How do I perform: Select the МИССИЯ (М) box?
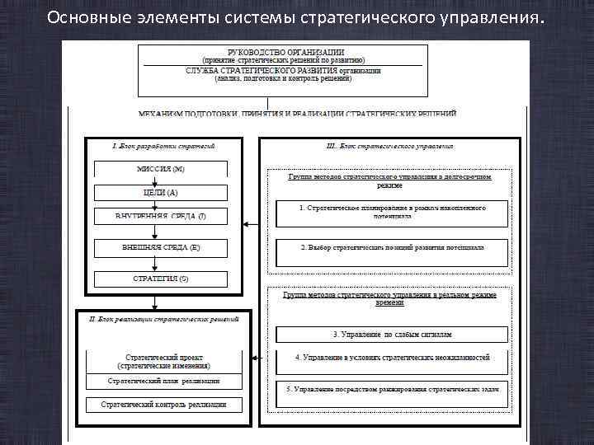point(161,169)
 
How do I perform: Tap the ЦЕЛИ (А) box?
point(161,192)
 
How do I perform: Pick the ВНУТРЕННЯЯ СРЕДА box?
point(161,216)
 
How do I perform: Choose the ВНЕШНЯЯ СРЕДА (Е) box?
point(161,247)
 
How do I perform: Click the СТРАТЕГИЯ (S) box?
point(161,279)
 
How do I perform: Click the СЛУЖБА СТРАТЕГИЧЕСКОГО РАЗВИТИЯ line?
point(284,71)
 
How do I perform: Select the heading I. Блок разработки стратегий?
point(163,145)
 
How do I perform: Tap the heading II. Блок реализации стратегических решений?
point(163,316)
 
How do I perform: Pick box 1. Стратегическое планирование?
point(392,212)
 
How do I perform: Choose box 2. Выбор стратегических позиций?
point(392,247)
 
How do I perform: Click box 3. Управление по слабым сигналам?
point(392,335)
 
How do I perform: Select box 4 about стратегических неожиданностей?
point(392,358)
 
